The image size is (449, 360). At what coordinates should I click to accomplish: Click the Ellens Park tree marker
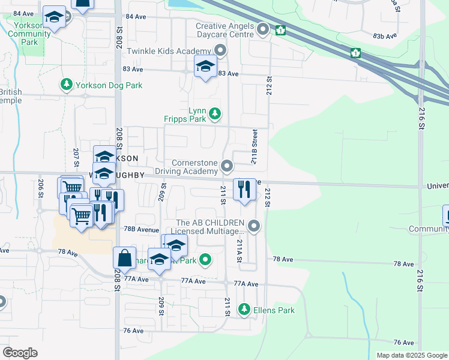click(244, 310)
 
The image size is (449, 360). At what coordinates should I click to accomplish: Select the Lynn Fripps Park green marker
click(214, 113)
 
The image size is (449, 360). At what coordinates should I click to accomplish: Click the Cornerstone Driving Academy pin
click(227, 166)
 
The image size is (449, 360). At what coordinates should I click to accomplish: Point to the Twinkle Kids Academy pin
click(221, 50)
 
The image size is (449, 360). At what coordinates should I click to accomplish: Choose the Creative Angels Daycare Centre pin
click(262, 29)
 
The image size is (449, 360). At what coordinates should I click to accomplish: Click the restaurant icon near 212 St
click(244, 189)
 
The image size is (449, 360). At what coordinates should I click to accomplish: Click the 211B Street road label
click(255, 146)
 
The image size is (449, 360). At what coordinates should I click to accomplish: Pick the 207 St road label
click(76, 157)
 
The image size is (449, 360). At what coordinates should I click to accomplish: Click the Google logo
click(20, 352)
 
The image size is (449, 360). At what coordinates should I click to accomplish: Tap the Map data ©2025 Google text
click(412, 355)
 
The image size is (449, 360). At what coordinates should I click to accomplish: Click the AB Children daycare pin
click(254, 226)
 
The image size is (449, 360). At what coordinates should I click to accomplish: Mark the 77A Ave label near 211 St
click(246, 284)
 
